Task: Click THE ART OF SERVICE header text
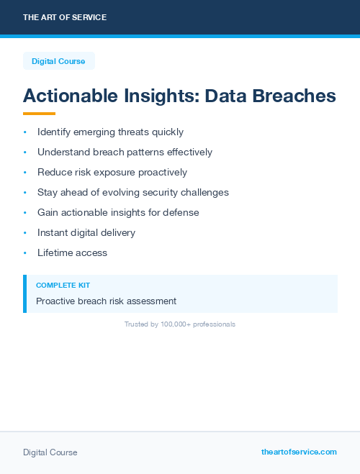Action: (65, 17)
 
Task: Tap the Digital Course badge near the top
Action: (58, 61)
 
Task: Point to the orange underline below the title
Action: (39, 114)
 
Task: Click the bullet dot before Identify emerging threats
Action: (24, 132)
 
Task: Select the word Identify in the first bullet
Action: (53, 132)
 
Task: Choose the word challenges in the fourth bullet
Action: (204, 193)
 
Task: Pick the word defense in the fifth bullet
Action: (182, 213)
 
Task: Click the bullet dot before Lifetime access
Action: (24, 253)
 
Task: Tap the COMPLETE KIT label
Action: (63, 286)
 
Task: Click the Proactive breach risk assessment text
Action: (106, 301)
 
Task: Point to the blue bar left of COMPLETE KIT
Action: (24, 293)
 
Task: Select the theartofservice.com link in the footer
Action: (299, 452)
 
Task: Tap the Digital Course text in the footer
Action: (50, 452)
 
